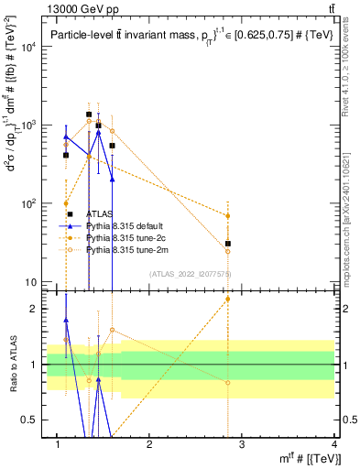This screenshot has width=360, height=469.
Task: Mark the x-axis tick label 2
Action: (149, 444)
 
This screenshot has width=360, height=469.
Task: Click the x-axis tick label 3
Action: (242, 444)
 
